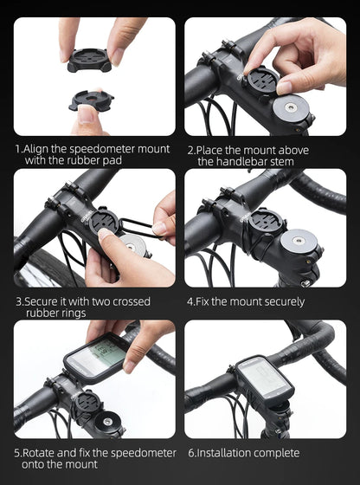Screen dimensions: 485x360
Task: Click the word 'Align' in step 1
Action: point(39,149)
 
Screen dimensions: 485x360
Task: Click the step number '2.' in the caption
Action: point(191,149)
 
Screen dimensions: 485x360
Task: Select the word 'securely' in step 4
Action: point(277,301)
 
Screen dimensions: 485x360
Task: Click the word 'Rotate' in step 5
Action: point(40,452)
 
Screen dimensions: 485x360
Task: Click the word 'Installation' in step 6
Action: point(223,452)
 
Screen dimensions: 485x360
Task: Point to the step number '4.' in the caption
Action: point(191,301)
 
